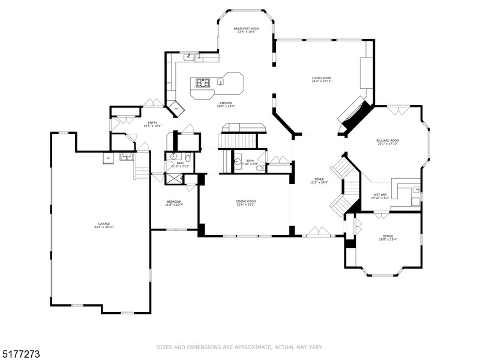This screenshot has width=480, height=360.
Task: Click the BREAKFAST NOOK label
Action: tap(246, 29)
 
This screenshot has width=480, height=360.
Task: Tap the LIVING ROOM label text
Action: tap(322, 78)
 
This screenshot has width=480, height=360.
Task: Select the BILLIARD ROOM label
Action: tap(388, 141)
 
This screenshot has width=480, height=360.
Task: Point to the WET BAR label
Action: tap(380, 194)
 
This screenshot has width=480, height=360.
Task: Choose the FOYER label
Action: tap(319, 179)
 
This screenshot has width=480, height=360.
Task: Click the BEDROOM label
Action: tap(175, 202)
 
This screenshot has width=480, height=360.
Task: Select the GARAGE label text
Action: tap(100, 224)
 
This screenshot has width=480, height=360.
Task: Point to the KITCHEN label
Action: tap(226, 103)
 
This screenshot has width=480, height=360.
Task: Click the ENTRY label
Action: tap(153, 123)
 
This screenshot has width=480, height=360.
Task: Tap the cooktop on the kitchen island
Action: tap(203, 83)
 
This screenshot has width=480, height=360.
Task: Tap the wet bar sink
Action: tap(416, 191)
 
